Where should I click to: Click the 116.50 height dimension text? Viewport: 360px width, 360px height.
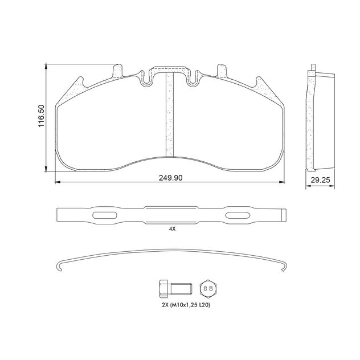[41, 117]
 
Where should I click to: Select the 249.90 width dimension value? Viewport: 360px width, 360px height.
[170, 178]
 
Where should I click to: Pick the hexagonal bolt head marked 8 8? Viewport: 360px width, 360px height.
[208, 289]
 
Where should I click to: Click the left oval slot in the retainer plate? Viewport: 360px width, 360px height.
[104, 215]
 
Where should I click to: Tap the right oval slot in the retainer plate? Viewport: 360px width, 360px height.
[237, 215]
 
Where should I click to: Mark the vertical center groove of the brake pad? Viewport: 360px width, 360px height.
[169, 114]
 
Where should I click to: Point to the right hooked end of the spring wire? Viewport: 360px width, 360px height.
[283, 264]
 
